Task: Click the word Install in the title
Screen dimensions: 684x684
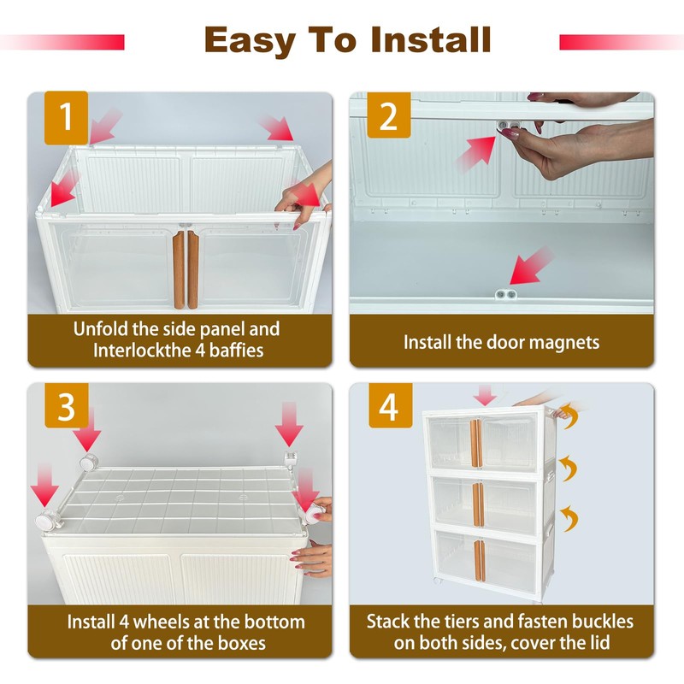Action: click(431, 39)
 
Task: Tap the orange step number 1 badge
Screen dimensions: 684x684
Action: click(67, 118)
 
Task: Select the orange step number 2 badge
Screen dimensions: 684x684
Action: click(389, 115)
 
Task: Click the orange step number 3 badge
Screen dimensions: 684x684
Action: click(67, 405)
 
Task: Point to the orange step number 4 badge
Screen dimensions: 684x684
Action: click(391, 405)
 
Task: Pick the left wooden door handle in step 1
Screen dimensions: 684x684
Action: click(179, 269)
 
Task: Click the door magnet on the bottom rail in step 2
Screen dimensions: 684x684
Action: click(506, 294)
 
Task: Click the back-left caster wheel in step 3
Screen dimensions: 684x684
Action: click(89, 463)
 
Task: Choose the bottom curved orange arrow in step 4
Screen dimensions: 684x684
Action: click(569, 518)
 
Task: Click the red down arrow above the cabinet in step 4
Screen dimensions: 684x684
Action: click(485, 395)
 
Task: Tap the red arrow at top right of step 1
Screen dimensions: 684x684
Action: click(277, 128)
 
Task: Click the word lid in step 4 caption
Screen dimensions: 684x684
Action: click(599, 643)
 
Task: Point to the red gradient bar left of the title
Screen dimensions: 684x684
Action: click(62, 42)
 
